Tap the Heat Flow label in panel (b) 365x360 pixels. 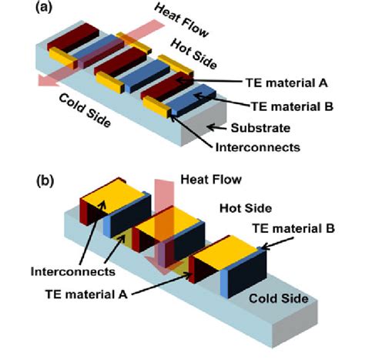211,179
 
